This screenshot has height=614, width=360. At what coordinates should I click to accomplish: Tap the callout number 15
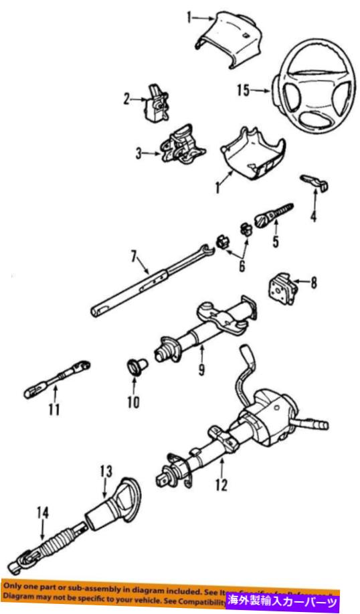pos(242,90)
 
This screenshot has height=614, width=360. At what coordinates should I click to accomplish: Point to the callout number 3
pos(139,154)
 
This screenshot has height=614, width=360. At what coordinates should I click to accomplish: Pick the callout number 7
pos(134,255)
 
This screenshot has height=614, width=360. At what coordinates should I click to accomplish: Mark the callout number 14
pos(43,514)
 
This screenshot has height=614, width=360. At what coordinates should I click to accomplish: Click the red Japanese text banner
pos(284,598)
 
